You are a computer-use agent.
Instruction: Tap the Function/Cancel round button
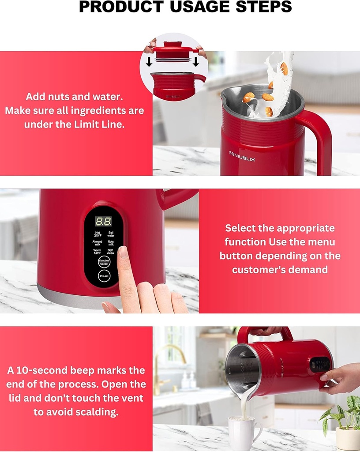click(x=104, y=261)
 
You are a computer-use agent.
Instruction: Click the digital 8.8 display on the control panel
click(x=104, y=221)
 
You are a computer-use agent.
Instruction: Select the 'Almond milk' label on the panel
click(x=97, y=243)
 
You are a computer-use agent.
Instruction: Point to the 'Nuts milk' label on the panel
click(x=111, y=243)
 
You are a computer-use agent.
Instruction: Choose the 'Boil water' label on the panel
click(x=111, y=234)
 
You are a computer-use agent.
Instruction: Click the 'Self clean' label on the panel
click(x=111, y=252)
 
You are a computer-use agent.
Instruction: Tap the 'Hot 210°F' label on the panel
click(x=97, y=234)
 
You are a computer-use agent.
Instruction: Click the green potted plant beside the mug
click(x=342, y=415)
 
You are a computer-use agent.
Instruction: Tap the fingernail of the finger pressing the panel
click(x=123, y=252)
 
